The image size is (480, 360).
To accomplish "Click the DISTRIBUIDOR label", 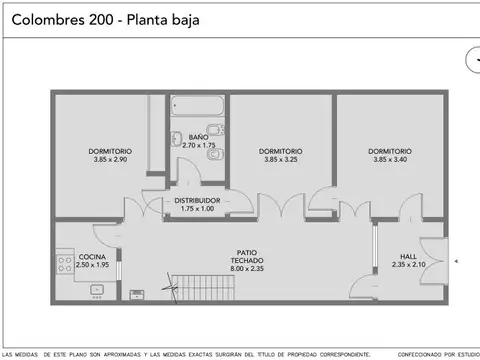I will tap(197, 200).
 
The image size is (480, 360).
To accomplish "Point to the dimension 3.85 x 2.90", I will tap(110, 160).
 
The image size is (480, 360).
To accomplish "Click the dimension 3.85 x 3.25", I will tap(282, 160).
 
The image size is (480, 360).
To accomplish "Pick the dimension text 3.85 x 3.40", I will tap(389, 160).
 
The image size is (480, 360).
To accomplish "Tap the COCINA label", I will tap(91, 256).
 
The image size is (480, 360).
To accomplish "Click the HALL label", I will tap(408, 256).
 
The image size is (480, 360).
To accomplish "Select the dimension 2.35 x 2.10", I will tap(408, 265).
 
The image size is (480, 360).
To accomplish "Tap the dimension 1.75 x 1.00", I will tap(197, 209).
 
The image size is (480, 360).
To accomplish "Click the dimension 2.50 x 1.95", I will tap(91, 265).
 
